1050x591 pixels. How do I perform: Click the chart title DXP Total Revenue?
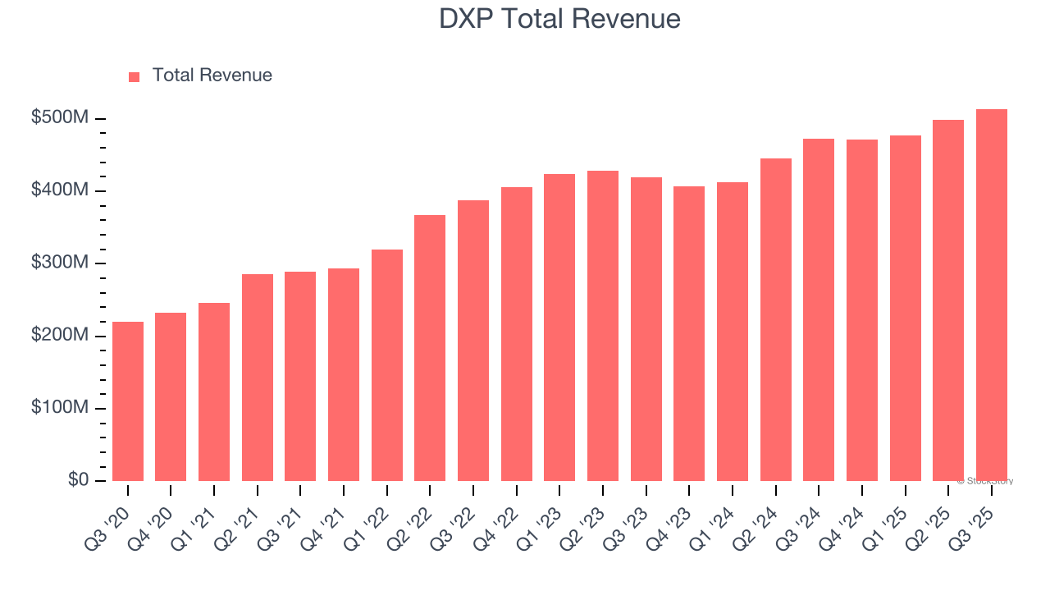[x=559, y=18]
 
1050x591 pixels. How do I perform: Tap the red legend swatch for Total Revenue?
[x=135, y=76]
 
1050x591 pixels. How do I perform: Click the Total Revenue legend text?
[x=212, y=76]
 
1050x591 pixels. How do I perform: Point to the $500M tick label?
[x=59, y=118]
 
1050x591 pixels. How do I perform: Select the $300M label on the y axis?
[x=59, y=263]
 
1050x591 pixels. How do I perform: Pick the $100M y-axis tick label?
[x=59, y=408]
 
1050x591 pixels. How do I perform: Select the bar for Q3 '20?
[x=128, y=401]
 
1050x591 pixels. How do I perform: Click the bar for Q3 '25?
[x=991, y=295]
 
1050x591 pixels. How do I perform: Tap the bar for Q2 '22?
[x=430, y=348]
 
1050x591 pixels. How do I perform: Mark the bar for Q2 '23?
[x=603, y=326]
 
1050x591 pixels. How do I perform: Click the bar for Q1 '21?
[x=214, y=392]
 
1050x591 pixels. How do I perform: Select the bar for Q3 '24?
[x=819, y=309]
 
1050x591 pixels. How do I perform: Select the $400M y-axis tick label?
[x=59, y=190]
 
